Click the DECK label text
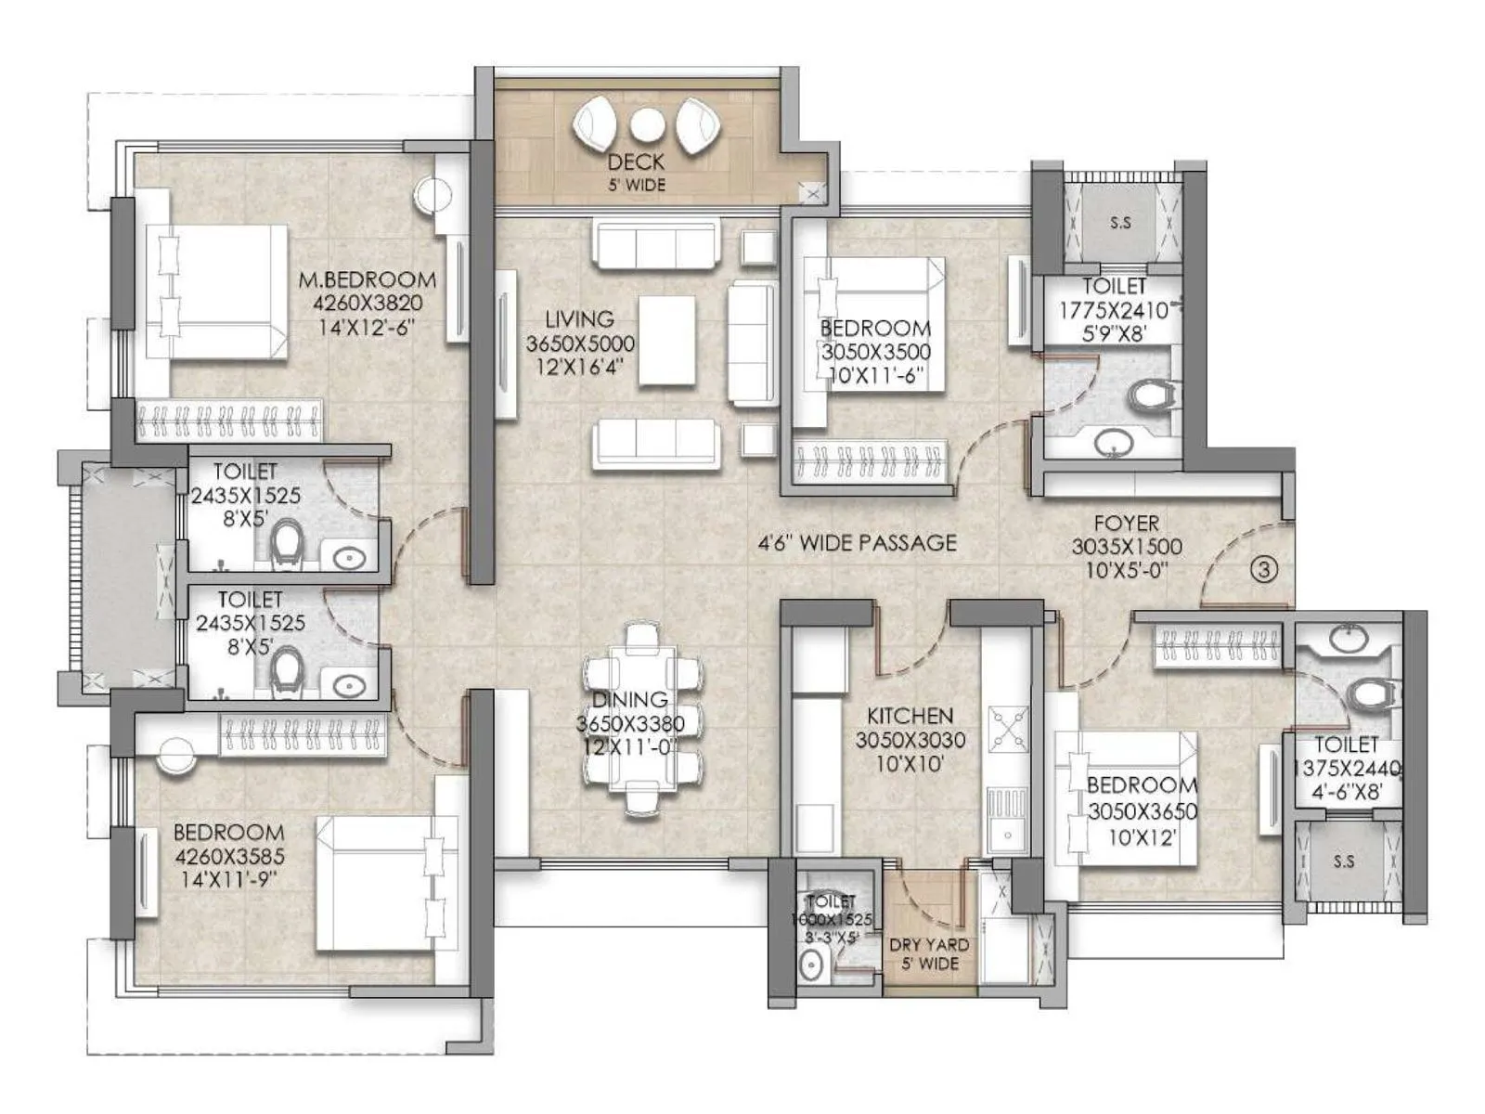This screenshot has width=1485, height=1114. [636, 162]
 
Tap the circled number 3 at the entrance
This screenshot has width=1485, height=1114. [1263, 569]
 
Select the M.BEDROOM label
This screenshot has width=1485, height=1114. [367, 279]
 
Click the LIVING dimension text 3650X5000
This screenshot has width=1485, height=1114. [580, 343]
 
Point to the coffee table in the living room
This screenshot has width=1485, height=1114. [667, 340]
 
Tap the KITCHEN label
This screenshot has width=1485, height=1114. [910, 716]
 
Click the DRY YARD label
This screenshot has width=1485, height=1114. [928, 945]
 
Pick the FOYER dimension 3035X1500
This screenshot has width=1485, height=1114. [1126, 547]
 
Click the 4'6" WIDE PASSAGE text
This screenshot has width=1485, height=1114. [857, 543]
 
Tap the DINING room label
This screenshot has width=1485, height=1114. [629, 700]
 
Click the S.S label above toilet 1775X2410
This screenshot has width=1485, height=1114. [1120, 224]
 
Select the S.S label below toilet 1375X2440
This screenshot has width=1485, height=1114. [1343, 861]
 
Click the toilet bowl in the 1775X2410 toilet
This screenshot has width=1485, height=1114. [1151, 396]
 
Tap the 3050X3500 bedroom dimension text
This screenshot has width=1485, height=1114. [875, 353]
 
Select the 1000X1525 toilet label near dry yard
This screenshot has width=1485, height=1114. [832, 919]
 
